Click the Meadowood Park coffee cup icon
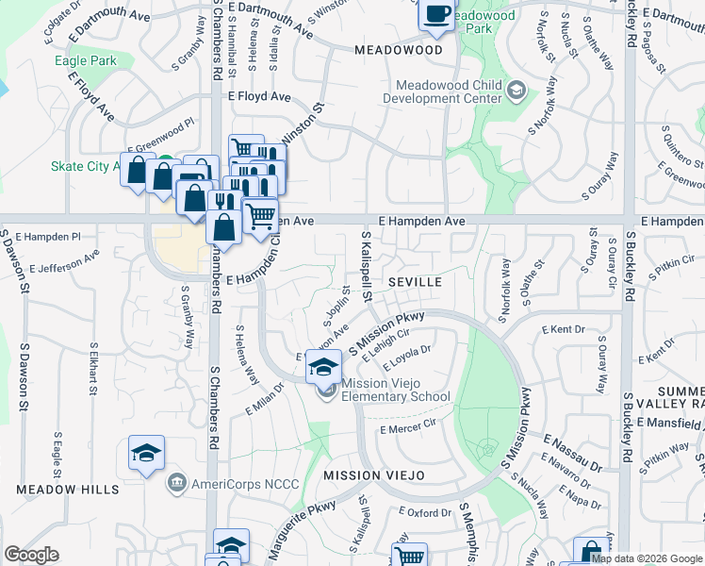coord(437,14)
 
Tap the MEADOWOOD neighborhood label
coord(398,49)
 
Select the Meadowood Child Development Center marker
coord(516,91)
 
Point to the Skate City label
coord(85,166)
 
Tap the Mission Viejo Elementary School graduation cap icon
coord(323,366)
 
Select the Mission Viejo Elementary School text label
coord(396,390)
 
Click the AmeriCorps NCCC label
coord(244,484)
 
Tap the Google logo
coord(31,554)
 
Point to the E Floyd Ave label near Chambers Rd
coord(258,96)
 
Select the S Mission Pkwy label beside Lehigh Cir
coord(387,331)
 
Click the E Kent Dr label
coord(564,329)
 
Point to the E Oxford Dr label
coord(427,512)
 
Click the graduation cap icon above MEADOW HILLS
coord(147,454)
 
